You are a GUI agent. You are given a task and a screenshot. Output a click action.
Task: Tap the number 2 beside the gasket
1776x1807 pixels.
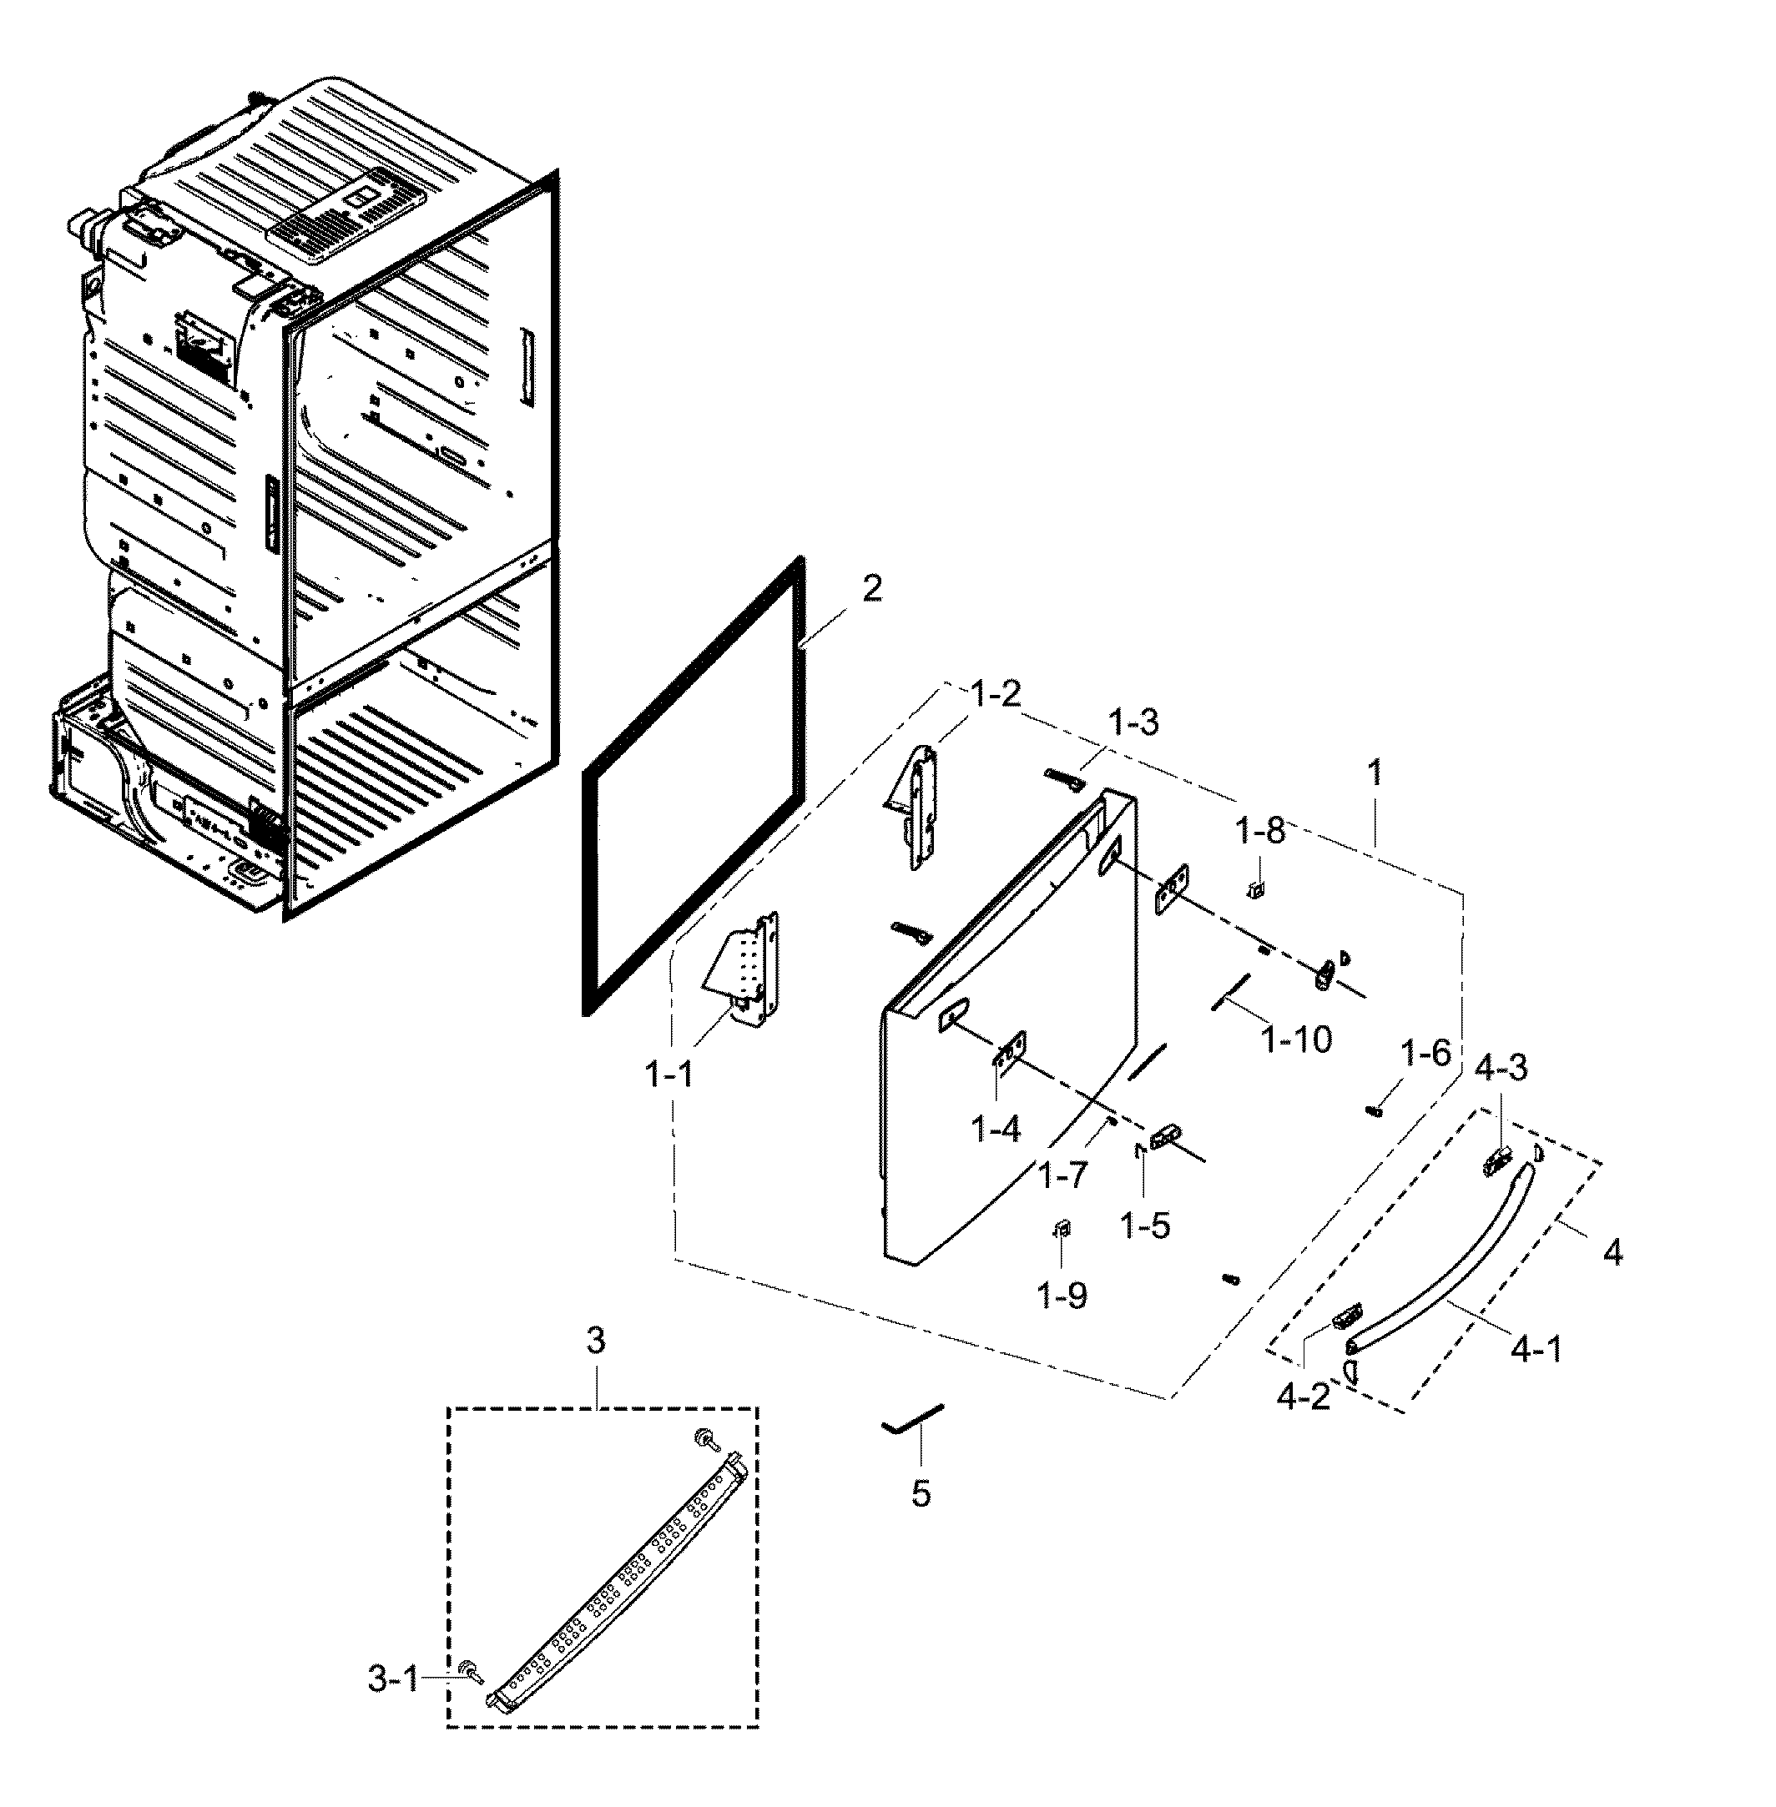(871, 588)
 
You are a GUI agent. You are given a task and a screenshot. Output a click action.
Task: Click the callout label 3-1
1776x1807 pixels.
(393, 1680)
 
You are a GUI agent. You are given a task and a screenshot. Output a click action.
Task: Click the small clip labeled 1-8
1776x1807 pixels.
(1256, 888)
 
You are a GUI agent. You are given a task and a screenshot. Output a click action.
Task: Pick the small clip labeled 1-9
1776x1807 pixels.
(1062, 1229)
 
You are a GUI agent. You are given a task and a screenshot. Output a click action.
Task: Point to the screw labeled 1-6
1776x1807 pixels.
(1373, 1110)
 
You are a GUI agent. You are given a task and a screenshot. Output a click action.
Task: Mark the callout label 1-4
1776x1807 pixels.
(996, 1129)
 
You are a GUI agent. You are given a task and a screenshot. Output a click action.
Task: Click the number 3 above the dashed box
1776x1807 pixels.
(595, 1341)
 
